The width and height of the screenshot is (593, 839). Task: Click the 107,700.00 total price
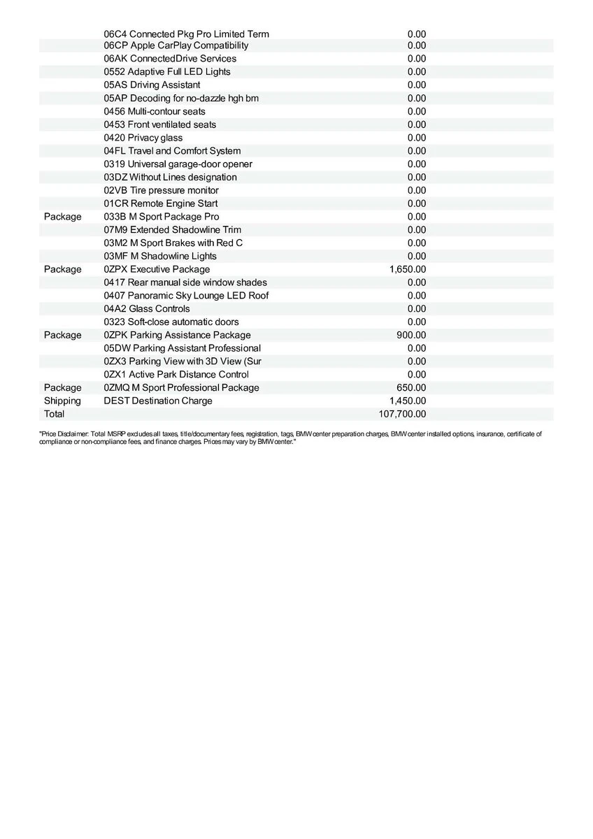[x=402, y=414]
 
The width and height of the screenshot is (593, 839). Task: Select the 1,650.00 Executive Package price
[x=407, y=269]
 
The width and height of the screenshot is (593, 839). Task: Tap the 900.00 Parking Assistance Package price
[x=411, y=335]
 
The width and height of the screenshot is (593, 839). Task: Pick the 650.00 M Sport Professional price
[x=411, y=387]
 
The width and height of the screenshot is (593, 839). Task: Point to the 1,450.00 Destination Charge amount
[x=407, y=401]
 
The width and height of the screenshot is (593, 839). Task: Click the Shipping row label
[x=62, y=401]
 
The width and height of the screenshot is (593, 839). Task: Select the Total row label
[x=54, y=414]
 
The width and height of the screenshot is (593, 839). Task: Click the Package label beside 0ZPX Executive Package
[x=62, y=269]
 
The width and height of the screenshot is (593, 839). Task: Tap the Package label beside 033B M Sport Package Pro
[x=62, y=217]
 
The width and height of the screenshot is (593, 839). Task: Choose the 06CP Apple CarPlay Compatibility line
[x=176, y=45]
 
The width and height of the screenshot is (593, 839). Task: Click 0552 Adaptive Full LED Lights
[x=166, y=72]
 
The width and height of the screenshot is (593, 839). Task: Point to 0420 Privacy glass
[x=143, y=138]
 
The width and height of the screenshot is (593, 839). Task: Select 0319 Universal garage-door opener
[x=178, y=164]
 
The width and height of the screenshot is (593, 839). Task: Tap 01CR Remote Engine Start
[x=160, y=203]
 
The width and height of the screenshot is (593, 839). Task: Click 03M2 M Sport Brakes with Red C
[x=173, y=243]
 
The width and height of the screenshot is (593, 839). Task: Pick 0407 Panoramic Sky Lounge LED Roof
[x=186, y=296]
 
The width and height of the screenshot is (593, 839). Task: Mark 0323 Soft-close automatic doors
[x=171, y=322]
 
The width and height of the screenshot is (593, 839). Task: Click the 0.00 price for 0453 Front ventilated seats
[x=416, y=124]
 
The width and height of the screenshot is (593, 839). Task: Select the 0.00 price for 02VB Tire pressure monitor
[x=416, y=190]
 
